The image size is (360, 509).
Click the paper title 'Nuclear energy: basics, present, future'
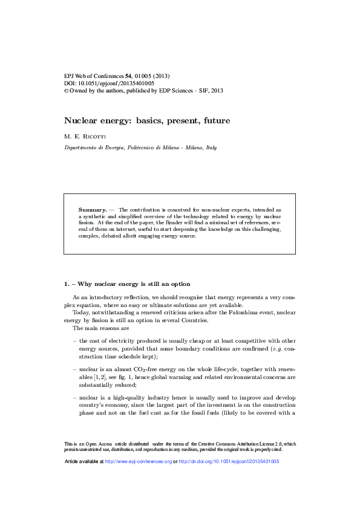tap(147, 121)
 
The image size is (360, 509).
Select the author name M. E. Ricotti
tap(85, 136)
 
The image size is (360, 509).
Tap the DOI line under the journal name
tap(109, 83)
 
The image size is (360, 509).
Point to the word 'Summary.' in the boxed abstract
tap(93, 209)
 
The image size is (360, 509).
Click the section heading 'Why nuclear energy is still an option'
tap(134, 284)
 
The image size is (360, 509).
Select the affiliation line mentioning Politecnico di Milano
tap(140, 148)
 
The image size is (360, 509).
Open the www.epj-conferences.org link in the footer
tap(139, 461)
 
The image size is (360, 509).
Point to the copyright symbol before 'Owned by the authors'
tap(67, 90)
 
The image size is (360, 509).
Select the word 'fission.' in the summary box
tap(88, 222)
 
